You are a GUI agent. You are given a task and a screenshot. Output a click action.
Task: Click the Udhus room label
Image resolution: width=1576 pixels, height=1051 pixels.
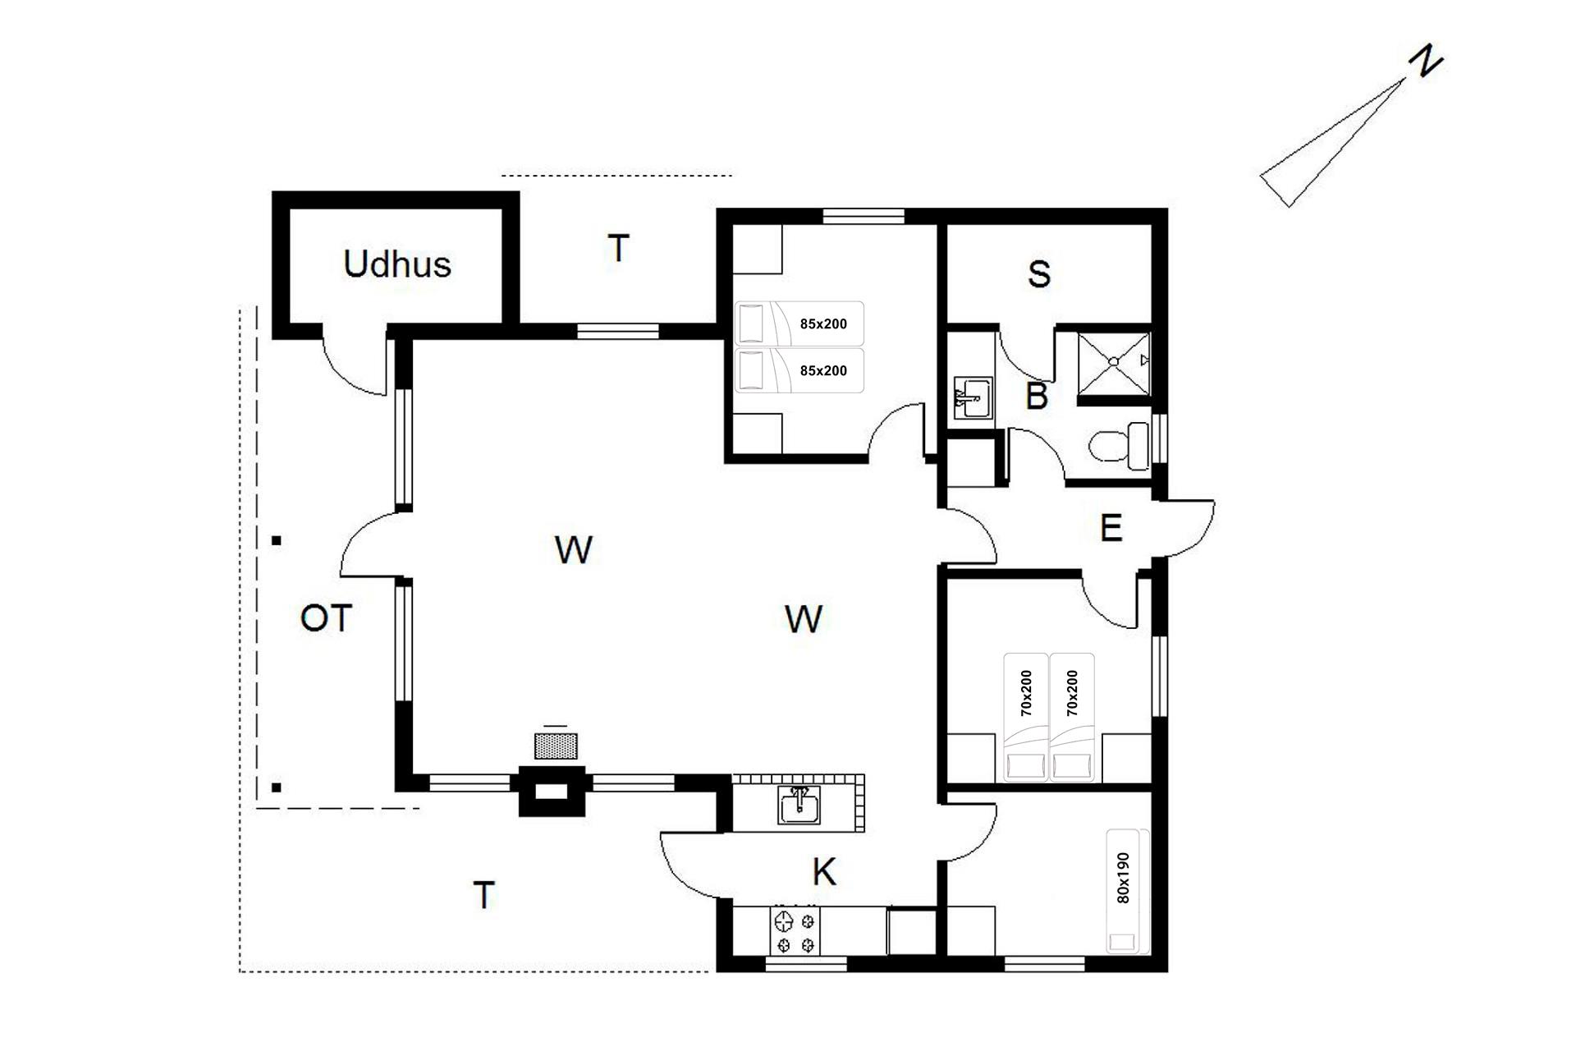click(397, 264)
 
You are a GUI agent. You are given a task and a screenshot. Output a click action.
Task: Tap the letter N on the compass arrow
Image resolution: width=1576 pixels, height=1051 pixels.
click(1426, 62)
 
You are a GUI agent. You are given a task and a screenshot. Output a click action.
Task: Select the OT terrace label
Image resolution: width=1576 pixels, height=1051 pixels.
click(326, 618)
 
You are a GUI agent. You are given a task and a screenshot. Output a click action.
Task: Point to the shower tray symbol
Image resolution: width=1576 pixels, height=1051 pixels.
click(1114, 361)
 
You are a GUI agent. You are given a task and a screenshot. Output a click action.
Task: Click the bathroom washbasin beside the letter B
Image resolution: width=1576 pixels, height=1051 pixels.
click(973, 398)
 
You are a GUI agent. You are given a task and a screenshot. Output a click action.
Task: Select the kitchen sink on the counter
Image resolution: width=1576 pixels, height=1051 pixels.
click(799, 805)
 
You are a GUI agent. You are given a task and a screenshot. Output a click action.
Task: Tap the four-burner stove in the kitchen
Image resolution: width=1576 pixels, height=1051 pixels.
click(795, 931)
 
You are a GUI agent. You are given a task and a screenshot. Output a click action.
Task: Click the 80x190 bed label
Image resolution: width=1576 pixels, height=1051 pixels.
click(1124, 878)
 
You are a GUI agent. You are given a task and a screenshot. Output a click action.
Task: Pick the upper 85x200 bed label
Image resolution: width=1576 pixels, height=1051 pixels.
click(823, 324)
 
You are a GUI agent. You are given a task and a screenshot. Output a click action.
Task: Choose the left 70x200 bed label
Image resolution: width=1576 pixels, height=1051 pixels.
click(1026, 694)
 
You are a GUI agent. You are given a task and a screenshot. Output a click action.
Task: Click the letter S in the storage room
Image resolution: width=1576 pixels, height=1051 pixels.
click(1039, 274)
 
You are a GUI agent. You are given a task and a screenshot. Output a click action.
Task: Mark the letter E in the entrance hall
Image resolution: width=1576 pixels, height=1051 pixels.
click(1111, 528)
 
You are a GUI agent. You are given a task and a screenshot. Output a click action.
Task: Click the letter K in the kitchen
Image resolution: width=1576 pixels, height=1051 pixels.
click(824, 872)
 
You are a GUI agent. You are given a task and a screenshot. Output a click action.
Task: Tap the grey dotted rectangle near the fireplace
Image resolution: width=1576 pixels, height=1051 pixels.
click(556, 746)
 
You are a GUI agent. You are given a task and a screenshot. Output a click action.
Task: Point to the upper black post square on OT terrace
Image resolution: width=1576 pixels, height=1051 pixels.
click(277, 540)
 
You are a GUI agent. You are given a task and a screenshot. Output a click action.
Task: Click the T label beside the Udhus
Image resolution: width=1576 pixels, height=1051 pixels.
click(618, 248)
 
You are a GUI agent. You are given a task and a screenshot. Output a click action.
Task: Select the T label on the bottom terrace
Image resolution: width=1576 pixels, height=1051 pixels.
click(484, 895)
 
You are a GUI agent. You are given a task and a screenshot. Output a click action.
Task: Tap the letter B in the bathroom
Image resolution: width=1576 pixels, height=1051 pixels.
click(1037, 397)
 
